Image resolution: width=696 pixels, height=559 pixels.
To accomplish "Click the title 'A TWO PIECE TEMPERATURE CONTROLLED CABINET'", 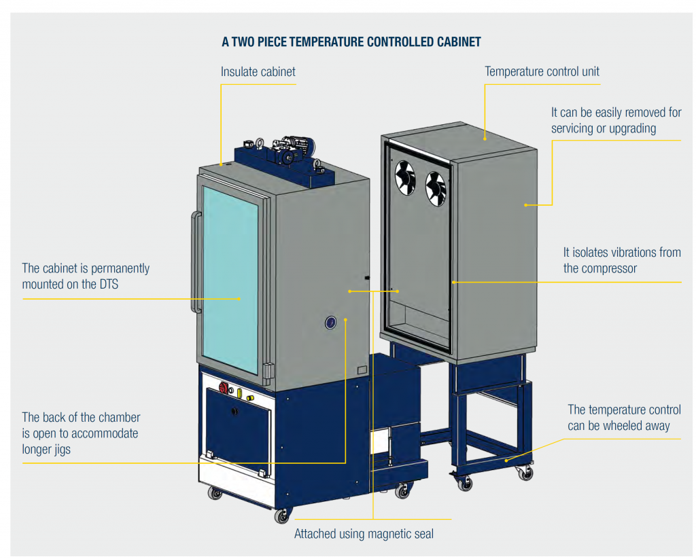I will tap(351, 42).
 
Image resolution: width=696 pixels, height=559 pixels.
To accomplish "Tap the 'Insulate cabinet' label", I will tap(258, 71).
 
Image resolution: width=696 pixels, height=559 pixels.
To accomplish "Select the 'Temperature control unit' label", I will tap(542, 71).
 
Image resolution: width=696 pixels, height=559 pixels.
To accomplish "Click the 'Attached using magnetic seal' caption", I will tap(364, 534).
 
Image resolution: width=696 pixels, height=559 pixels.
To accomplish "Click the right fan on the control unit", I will tap(435, 186).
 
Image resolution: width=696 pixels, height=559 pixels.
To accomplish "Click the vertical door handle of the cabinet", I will tap(195, 262).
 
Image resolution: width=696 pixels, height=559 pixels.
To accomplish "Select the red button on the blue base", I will tap(224, 387).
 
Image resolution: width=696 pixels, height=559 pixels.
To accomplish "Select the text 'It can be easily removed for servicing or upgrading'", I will tap(615, 120).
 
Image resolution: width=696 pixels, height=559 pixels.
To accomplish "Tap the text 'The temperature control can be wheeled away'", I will tap(623, 418).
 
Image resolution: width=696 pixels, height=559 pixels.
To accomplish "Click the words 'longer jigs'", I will tap(46, 450).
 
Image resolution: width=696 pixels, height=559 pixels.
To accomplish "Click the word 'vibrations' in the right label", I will tap(614, 252).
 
